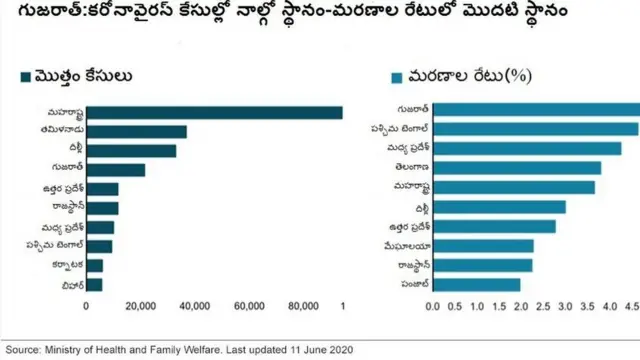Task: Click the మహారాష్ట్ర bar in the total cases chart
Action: coord(214,112)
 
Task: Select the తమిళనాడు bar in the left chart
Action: coord(136,131)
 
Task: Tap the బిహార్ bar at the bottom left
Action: coord(94,285)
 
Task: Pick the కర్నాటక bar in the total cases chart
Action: coord(94,266)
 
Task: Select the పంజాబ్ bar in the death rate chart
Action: coord(476,284)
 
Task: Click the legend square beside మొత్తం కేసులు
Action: coord(25,76)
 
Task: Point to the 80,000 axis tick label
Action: coord(301,306)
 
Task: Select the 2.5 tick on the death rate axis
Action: coord(542,306)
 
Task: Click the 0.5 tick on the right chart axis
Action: coord(454,306)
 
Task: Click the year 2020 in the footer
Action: coord(339,350)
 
